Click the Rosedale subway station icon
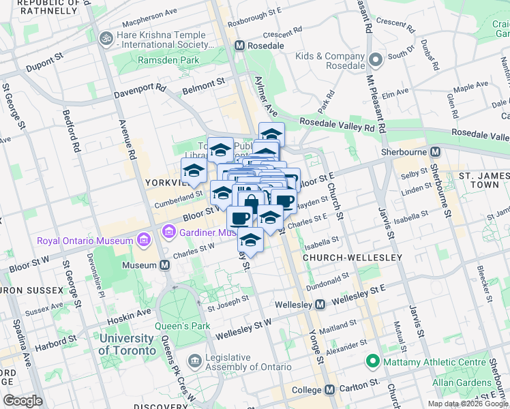[239, 45]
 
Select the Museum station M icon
[164, 264]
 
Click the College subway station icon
[330, 390]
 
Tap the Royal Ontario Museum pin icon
[143, 240]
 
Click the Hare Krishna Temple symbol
[106, 37]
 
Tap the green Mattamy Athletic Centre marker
[372, 361]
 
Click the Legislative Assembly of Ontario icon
[195, 359]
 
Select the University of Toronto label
[126, 344]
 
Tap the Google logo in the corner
[22, 401]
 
